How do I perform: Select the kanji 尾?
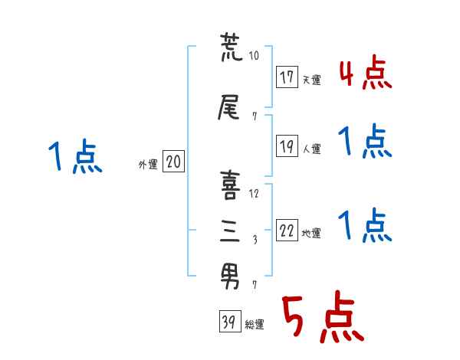(231, 108)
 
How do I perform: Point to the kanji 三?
(231, 230)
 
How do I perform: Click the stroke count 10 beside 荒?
(255, 55)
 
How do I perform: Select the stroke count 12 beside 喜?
(255, 194)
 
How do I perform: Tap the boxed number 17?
(287, 78)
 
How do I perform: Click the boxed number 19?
(287, 148)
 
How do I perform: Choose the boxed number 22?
(287, 232)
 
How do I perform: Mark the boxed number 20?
(173, 162)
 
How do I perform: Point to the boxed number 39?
(228, 322)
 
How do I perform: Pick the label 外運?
(148, 163)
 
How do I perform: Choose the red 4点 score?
(365, 75)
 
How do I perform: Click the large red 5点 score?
(322, 318)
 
